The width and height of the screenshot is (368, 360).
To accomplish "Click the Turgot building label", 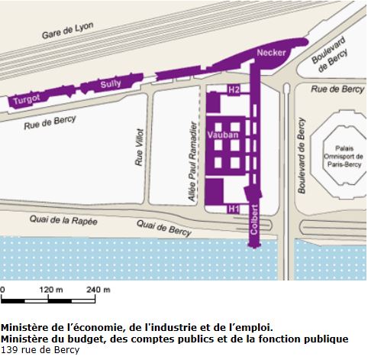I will (x=26, y=99).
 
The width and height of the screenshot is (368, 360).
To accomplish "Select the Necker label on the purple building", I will (x=272, y=54).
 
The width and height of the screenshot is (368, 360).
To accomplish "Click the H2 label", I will (x=234, y=90).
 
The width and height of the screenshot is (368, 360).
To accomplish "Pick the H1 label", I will (x=234, y=208).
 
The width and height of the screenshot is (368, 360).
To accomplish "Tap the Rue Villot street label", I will (x=138, y=146).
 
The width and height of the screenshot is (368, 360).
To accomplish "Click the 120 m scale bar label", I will (x=50, y=290).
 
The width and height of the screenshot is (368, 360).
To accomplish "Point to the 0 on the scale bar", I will (x=3, y=290).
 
